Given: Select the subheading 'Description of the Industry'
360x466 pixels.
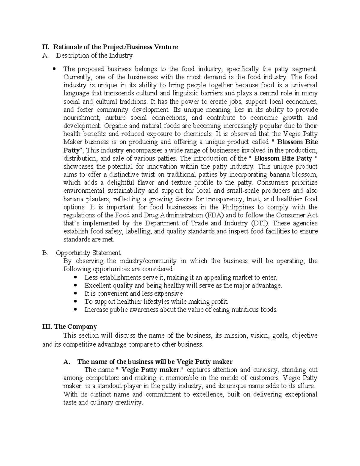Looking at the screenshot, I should coord(94,55).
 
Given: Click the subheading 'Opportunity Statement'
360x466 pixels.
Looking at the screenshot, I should coord(88,253).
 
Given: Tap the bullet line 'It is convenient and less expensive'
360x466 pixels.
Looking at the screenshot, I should coord(133,293).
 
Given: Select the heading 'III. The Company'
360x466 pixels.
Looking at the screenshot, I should coord(70,326).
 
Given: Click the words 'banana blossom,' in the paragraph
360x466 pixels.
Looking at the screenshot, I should coord(296,175).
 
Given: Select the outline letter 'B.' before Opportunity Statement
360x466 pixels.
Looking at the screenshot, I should coord(45,253).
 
